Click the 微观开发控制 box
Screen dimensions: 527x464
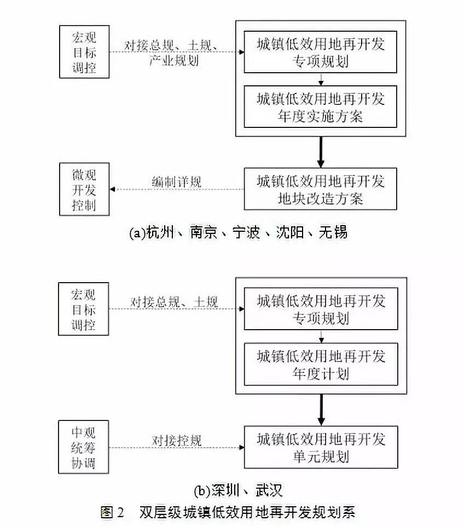click(84, 190)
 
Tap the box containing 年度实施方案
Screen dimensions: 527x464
click(321, 108)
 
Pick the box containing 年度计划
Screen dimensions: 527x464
click(321, 365)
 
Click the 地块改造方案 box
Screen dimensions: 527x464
click(321, 189)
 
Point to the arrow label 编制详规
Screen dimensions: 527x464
click(176, 181)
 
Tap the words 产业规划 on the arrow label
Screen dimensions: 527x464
click(174, 60)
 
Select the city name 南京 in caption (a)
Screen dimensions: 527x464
click(203, 232)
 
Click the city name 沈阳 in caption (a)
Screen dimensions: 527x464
click(289, 232)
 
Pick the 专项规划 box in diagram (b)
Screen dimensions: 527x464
click(321, 309)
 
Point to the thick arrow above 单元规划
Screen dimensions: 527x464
click(321, 409)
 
